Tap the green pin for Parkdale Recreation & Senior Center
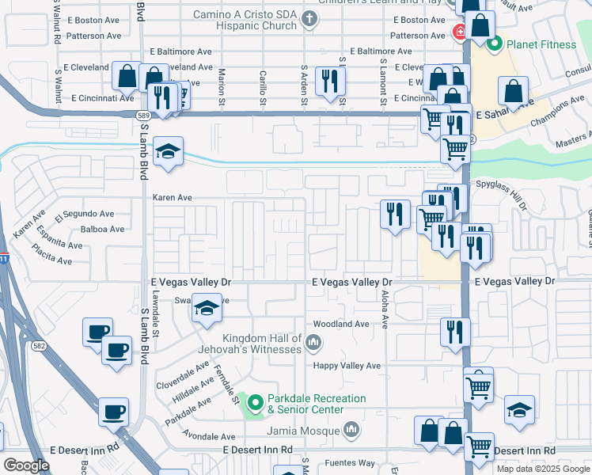pos(253,404)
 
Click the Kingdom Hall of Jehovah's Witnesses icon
pos(313,343)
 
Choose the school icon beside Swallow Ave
pos(206,308)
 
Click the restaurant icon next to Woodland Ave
pos(454,332)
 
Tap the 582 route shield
pos(38,345)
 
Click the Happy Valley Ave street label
pos(347,366)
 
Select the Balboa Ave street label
pos(103,230)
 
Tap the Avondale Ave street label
pos(209,436)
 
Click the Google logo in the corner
pos(26,465)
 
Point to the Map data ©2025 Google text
pos(543,469)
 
